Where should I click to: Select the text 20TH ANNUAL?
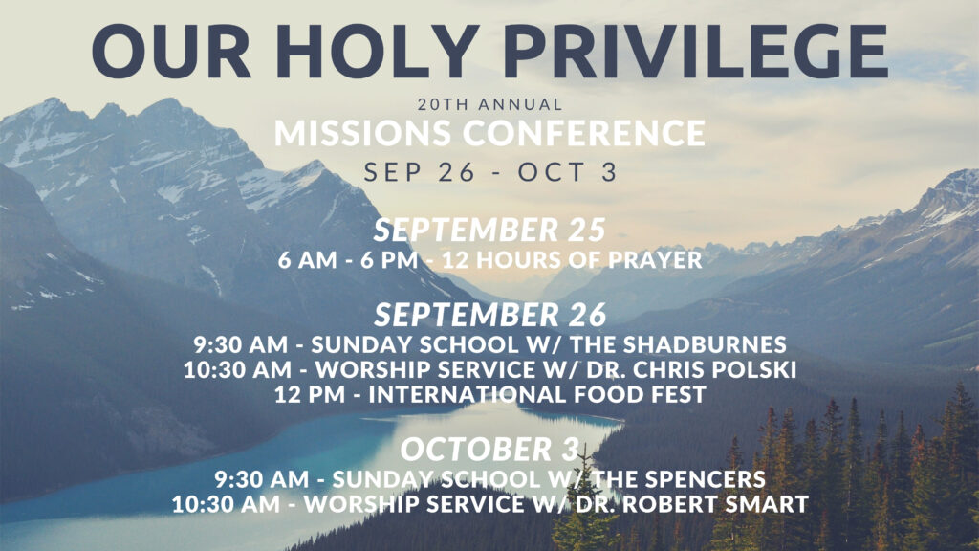490,104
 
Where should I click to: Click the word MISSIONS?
362,133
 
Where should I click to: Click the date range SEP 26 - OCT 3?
490,172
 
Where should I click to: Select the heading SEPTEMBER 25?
490,230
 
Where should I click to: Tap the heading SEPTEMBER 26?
490,314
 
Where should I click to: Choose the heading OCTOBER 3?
490,450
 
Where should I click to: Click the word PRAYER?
655,260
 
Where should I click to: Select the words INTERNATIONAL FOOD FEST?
537,394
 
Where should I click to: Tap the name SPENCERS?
705,479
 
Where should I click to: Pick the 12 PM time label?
310,394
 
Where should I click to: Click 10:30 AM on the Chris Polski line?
238,369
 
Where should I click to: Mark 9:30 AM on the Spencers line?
262,479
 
